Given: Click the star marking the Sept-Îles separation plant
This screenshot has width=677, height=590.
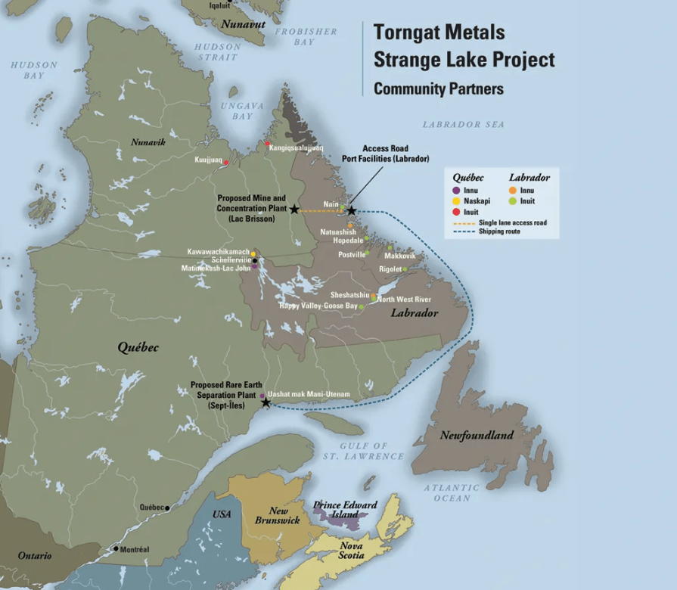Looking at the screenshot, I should (266, 403).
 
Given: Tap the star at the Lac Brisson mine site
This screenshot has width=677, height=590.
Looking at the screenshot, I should (294, 210).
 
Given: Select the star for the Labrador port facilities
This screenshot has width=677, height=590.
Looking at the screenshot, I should (351, 210).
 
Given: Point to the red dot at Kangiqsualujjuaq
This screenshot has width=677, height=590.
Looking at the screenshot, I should (267, 144).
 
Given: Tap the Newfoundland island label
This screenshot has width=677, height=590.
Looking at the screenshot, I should (477, 435).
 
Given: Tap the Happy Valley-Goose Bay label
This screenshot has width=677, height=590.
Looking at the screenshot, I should (318, 306).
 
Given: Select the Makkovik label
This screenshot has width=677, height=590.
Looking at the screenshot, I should (399, 256).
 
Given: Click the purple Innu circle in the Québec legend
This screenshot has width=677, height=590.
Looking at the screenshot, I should (456, 191).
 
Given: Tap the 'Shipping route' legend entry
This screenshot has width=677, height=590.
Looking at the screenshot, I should (499, 232).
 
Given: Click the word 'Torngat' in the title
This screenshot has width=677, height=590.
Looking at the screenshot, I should (406, 33).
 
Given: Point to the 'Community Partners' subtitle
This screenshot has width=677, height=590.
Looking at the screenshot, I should (439, 88).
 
